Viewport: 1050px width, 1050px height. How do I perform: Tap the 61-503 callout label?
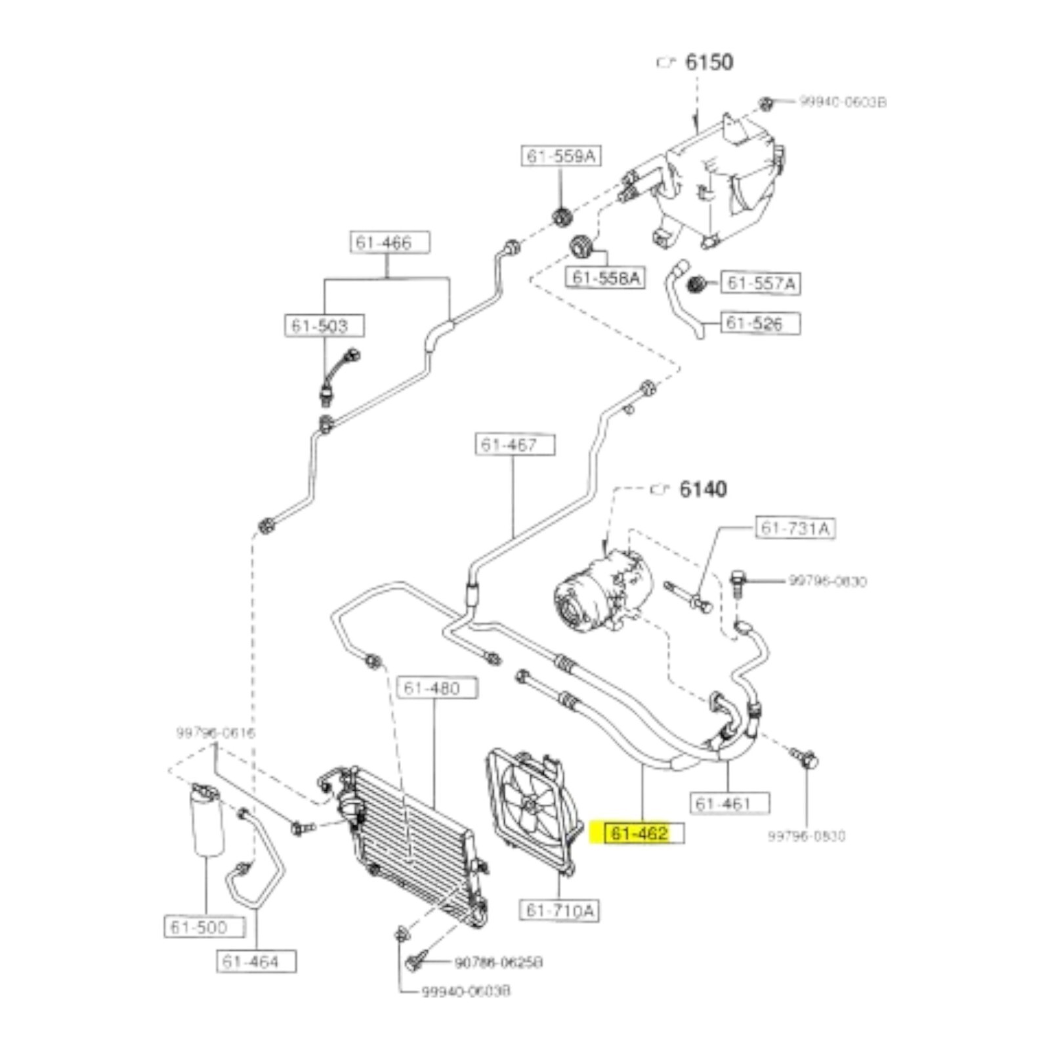coord(324,325)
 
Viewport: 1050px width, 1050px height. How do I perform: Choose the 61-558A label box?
coord(605,277)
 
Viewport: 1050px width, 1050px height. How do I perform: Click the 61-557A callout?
coord(761,283)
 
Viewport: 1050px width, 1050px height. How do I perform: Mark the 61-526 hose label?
coord(761,323)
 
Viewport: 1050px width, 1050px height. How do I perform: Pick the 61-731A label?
coord(795,528)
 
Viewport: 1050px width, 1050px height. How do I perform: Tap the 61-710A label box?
coord(559,910)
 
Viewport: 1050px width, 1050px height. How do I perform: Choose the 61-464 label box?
coord(256,962)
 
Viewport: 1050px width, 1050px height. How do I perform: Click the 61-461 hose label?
coord(729,803)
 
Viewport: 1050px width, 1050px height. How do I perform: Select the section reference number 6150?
coord(709,62)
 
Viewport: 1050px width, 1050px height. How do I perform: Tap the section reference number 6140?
coord(703,490)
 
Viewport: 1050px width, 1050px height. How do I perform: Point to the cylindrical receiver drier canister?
coord(207,820)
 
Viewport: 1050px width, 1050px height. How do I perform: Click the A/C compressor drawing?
coord(600,591)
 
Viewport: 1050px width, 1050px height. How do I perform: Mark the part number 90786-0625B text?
coord(499,963)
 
